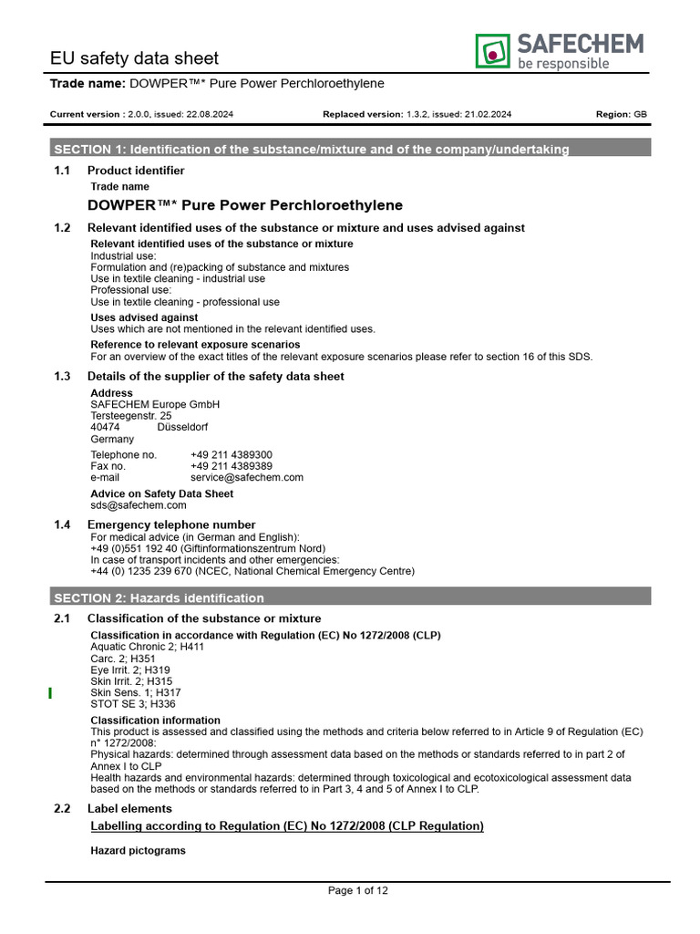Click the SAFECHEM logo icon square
[x=492, y=51]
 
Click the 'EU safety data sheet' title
[x=134, y=58]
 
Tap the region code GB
[x=641, y=114]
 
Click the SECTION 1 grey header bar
[x=350, y=149]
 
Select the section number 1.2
[x=62, y=227]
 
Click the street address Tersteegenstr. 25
[x=130, y=415]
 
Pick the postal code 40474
[x=105, y=427]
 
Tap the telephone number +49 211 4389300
[x=231, y=454]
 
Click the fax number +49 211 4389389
[x=231, y=465]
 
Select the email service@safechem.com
[x=246, y=477]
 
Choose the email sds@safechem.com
[x=138, y=504]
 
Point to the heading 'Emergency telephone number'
[x=171, y=524]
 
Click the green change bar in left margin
[x=50, y=694]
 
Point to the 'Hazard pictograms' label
[x=138, y=850]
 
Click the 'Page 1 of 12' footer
[x=357, y=890]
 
